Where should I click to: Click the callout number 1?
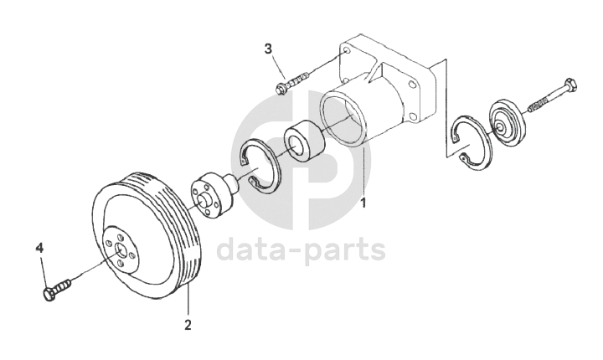(362, 203)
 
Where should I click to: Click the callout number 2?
(188, 324)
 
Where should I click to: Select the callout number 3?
(269, 49)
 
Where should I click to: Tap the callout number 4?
(39, 249)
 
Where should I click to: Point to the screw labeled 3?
(293, 81)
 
